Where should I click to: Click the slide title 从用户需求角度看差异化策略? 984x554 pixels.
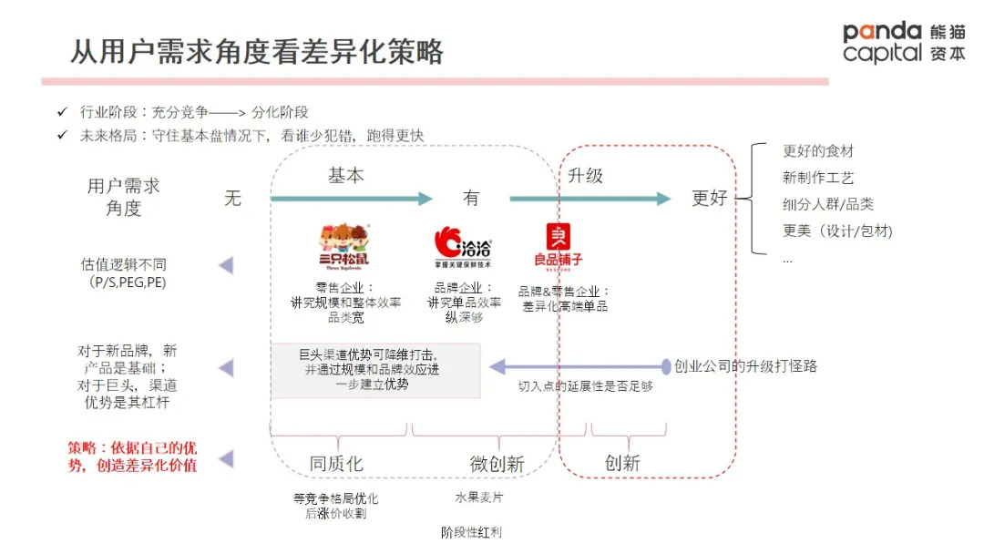[x=257, y=51]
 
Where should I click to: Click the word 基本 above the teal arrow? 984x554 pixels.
[x=346, y=175]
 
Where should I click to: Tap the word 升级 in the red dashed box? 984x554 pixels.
[x=585, y=175]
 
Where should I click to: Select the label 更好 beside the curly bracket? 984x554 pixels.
[x=710, y=198]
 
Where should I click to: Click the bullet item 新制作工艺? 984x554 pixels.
[x=818, y=178]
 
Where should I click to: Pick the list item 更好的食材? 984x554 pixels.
[x=818, y=151]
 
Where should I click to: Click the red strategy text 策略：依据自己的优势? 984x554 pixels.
[x=133, y=457]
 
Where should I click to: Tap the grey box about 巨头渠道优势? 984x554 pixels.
[x=375, y=370]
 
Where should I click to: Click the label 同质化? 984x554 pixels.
[x=336, y=464]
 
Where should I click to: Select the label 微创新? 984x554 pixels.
[x=497, y=464]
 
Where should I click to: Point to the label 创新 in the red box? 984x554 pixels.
[x=623, y=464]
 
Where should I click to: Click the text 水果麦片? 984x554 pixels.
[x=478, y=498]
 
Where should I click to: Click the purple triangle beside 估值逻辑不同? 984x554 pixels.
[x=225, y=265]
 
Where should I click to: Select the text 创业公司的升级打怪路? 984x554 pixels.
[x=745, y=366]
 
